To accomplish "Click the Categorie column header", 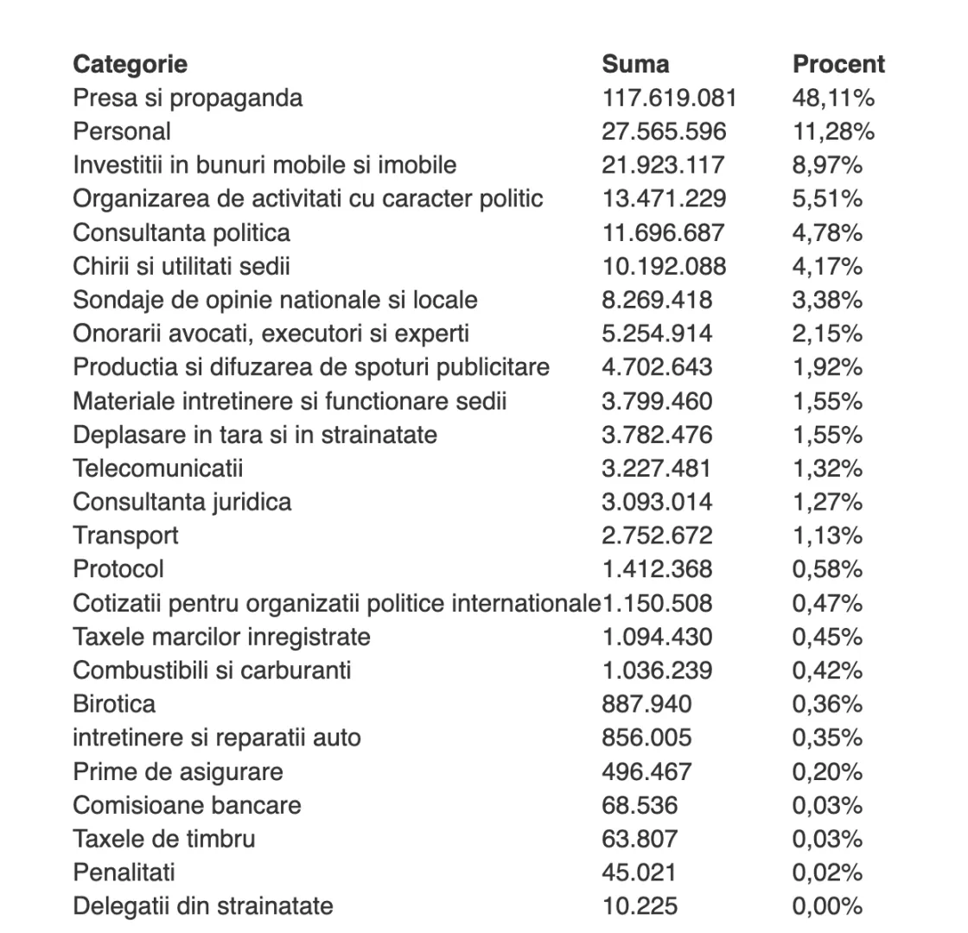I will [x=130, y=64].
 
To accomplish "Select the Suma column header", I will [x=635, y=64].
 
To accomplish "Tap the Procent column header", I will [x=838, y=64].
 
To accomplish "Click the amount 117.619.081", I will [x=669, y=98].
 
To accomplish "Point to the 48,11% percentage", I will [x=833, y=98].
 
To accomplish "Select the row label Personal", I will [x=122, y=131].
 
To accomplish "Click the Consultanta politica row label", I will [x=181, y=232].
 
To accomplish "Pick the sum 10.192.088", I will [x=664, y=266].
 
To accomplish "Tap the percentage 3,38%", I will [x=827, y=300].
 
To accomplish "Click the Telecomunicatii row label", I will [x=158, y=468].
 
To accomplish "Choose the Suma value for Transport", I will [x=657, y=536].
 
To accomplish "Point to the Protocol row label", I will [x=118, y=569].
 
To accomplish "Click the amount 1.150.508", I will [x=657, y=603].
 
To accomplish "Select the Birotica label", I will [x=114, y=704].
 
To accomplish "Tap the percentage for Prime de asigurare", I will [x=827, y=771].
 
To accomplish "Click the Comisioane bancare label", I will [x=187, y=805].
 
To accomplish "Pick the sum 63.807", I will [x=640, y=839].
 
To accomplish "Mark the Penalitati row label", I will [x=124, y=873].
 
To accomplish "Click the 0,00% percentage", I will [x=827, y=906].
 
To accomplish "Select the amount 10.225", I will [x=640, y=906].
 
